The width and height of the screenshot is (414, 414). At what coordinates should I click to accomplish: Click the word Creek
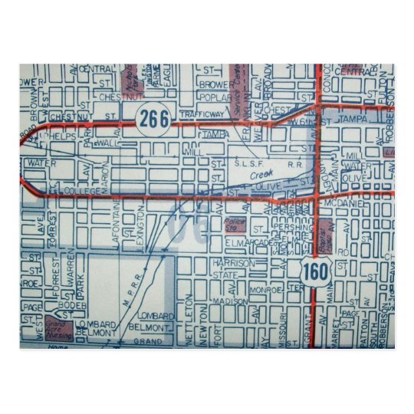tap(258, 174)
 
